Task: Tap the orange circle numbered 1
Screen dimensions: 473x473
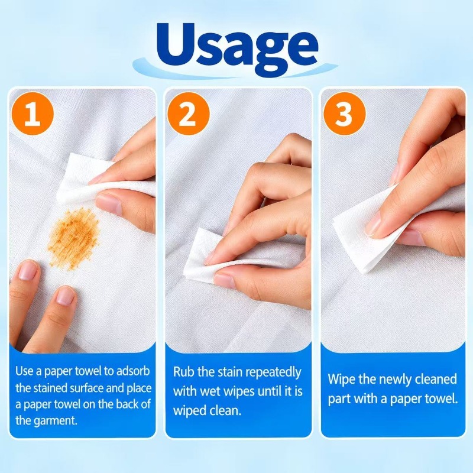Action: [x=33, y=114]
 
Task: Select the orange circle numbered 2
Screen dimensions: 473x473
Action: [x=189, y=114]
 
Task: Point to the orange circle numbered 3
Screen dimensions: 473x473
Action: [x=345, y=114]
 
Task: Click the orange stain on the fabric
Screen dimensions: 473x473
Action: [x=74, y=238]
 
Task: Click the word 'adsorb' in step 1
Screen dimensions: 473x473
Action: [x=133, y=371]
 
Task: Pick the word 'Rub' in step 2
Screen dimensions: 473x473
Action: [x=183, y=372]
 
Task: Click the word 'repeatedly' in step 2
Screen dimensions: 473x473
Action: [x=273, y=373]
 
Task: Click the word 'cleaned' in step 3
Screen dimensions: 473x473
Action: [x=436, y=379]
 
